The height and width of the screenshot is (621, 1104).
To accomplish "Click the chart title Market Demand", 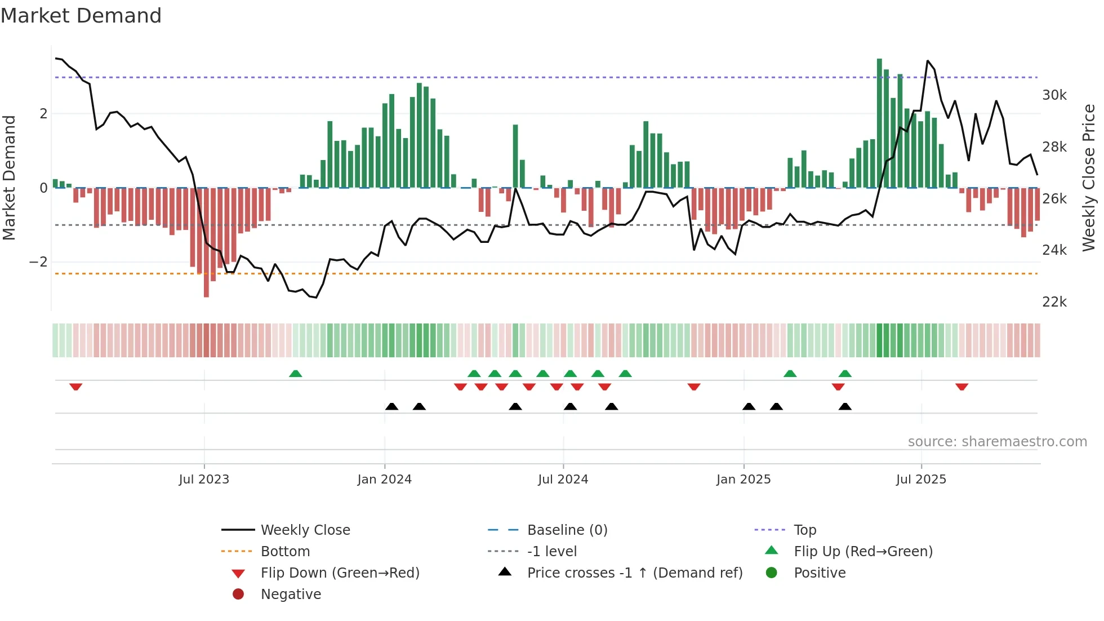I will click(x=81, y=16).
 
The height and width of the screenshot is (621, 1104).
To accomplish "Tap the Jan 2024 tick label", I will click(x=384, y=480).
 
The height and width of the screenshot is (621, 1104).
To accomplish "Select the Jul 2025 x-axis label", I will click(x=921, y=480).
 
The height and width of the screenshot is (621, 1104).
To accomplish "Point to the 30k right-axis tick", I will click(x=1054, y=95).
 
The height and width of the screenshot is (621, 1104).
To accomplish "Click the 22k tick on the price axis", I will click(x=1054, y=302).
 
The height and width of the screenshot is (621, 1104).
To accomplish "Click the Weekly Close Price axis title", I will click(x=1089, y=178).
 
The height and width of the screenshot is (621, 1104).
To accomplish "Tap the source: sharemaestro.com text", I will click(x=997, y=442).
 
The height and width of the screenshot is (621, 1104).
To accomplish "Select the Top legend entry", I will click(x=804, y=530).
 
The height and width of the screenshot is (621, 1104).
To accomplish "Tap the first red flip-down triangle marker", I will click(x=76, y=387).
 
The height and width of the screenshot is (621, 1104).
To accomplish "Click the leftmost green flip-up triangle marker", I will click(x=295, y=374).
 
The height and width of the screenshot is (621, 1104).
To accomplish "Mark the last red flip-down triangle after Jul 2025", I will click(x=961, y=387).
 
